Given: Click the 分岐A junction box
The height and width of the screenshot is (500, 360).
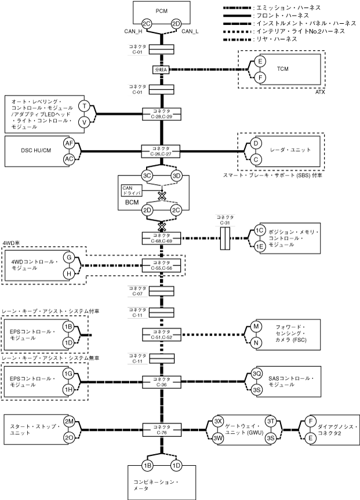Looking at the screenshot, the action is click(162, 70).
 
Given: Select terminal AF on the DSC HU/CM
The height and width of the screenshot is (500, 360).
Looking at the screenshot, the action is click(69, 144).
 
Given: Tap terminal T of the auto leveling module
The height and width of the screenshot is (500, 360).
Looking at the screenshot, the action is click(84, 106).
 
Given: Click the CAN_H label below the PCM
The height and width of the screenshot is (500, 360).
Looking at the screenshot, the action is click(133, 31).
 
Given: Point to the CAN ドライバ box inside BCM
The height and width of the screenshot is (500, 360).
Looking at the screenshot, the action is click(132, 191).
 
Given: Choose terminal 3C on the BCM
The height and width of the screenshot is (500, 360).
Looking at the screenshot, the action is click(147, 176).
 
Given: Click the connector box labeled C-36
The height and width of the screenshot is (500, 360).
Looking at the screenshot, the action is click(162, 382).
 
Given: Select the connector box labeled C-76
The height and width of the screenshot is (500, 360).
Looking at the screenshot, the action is click(162, 429).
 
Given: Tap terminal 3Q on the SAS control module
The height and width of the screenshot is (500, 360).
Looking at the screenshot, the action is click(257, 374).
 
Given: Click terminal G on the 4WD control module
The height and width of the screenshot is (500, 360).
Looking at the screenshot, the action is click(69, 257).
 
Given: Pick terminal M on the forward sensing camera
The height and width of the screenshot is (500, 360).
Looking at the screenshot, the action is click(256, 327).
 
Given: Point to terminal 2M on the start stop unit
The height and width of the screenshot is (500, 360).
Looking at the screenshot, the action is click(69, 422).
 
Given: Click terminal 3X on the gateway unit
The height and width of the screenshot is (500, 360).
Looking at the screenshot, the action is click(218, 422).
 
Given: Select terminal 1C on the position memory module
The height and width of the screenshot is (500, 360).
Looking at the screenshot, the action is click(260, 230).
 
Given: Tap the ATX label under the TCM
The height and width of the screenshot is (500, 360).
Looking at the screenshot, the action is click(320, 92).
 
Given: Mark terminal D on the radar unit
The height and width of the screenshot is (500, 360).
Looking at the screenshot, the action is click(256, 144).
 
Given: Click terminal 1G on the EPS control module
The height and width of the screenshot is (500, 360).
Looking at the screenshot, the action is click(68, 373).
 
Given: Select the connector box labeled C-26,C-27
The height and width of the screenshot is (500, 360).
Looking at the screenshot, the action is click(162, 151).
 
